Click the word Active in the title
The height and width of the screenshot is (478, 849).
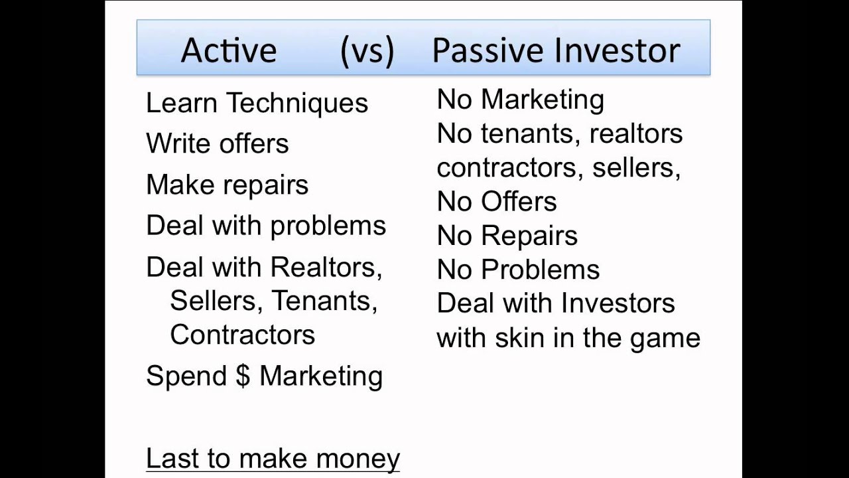(228, 50)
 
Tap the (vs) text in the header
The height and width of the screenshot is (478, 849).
(367, 50)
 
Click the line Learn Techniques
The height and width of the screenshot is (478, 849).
(257, 103)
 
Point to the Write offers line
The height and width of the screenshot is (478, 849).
(217, 143)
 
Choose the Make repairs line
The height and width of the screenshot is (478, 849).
(227, 185)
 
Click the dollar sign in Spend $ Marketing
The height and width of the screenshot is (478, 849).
(243, 376)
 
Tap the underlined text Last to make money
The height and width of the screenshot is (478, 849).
(273, 458)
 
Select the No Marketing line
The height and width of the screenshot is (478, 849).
(520, 99)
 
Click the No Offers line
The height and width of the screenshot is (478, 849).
(496, 201)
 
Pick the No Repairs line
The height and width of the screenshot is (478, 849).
(507, 235)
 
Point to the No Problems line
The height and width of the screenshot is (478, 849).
(518, 270)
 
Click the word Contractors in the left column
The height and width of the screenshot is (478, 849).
(242, 334)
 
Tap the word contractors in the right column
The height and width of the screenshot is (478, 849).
(509, 167)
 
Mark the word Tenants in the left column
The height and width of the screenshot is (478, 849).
(324, 300)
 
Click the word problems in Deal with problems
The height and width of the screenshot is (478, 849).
(328, 226)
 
